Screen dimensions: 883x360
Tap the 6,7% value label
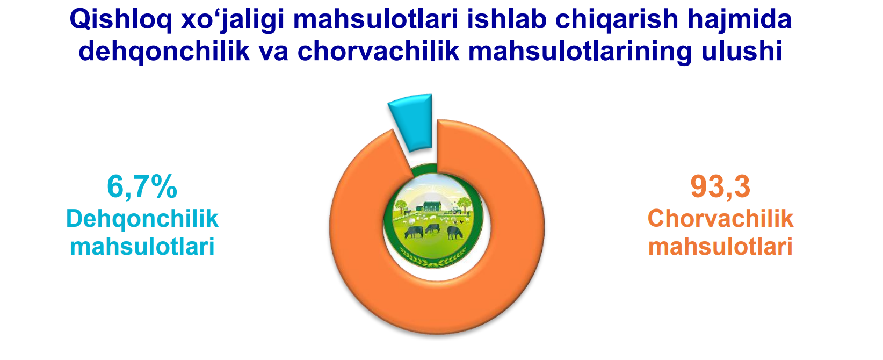coord(142,187)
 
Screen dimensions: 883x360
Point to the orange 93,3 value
coord(720,187)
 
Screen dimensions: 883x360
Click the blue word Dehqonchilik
coord(142,219)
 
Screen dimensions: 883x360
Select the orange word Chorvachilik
coord(720,219)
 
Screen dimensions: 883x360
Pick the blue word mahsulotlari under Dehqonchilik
coord(142,247)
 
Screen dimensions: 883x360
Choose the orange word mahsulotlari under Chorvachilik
coord(720,247)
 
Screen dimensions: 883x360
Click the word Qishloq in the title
coord(121,20)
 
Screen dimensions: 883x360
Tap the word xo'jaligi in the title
coord(233,20)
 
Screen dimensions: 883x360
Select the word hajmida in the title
coord(740,20)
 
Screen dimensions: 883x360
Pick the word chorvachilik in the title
coord(379,51)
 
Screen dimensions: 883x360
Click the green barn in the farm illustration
coord(432,206)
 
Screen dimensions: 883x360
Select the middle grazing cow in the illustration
coord(432,228)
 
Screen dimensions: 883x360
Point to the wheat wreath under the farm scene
coord(432,258)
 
